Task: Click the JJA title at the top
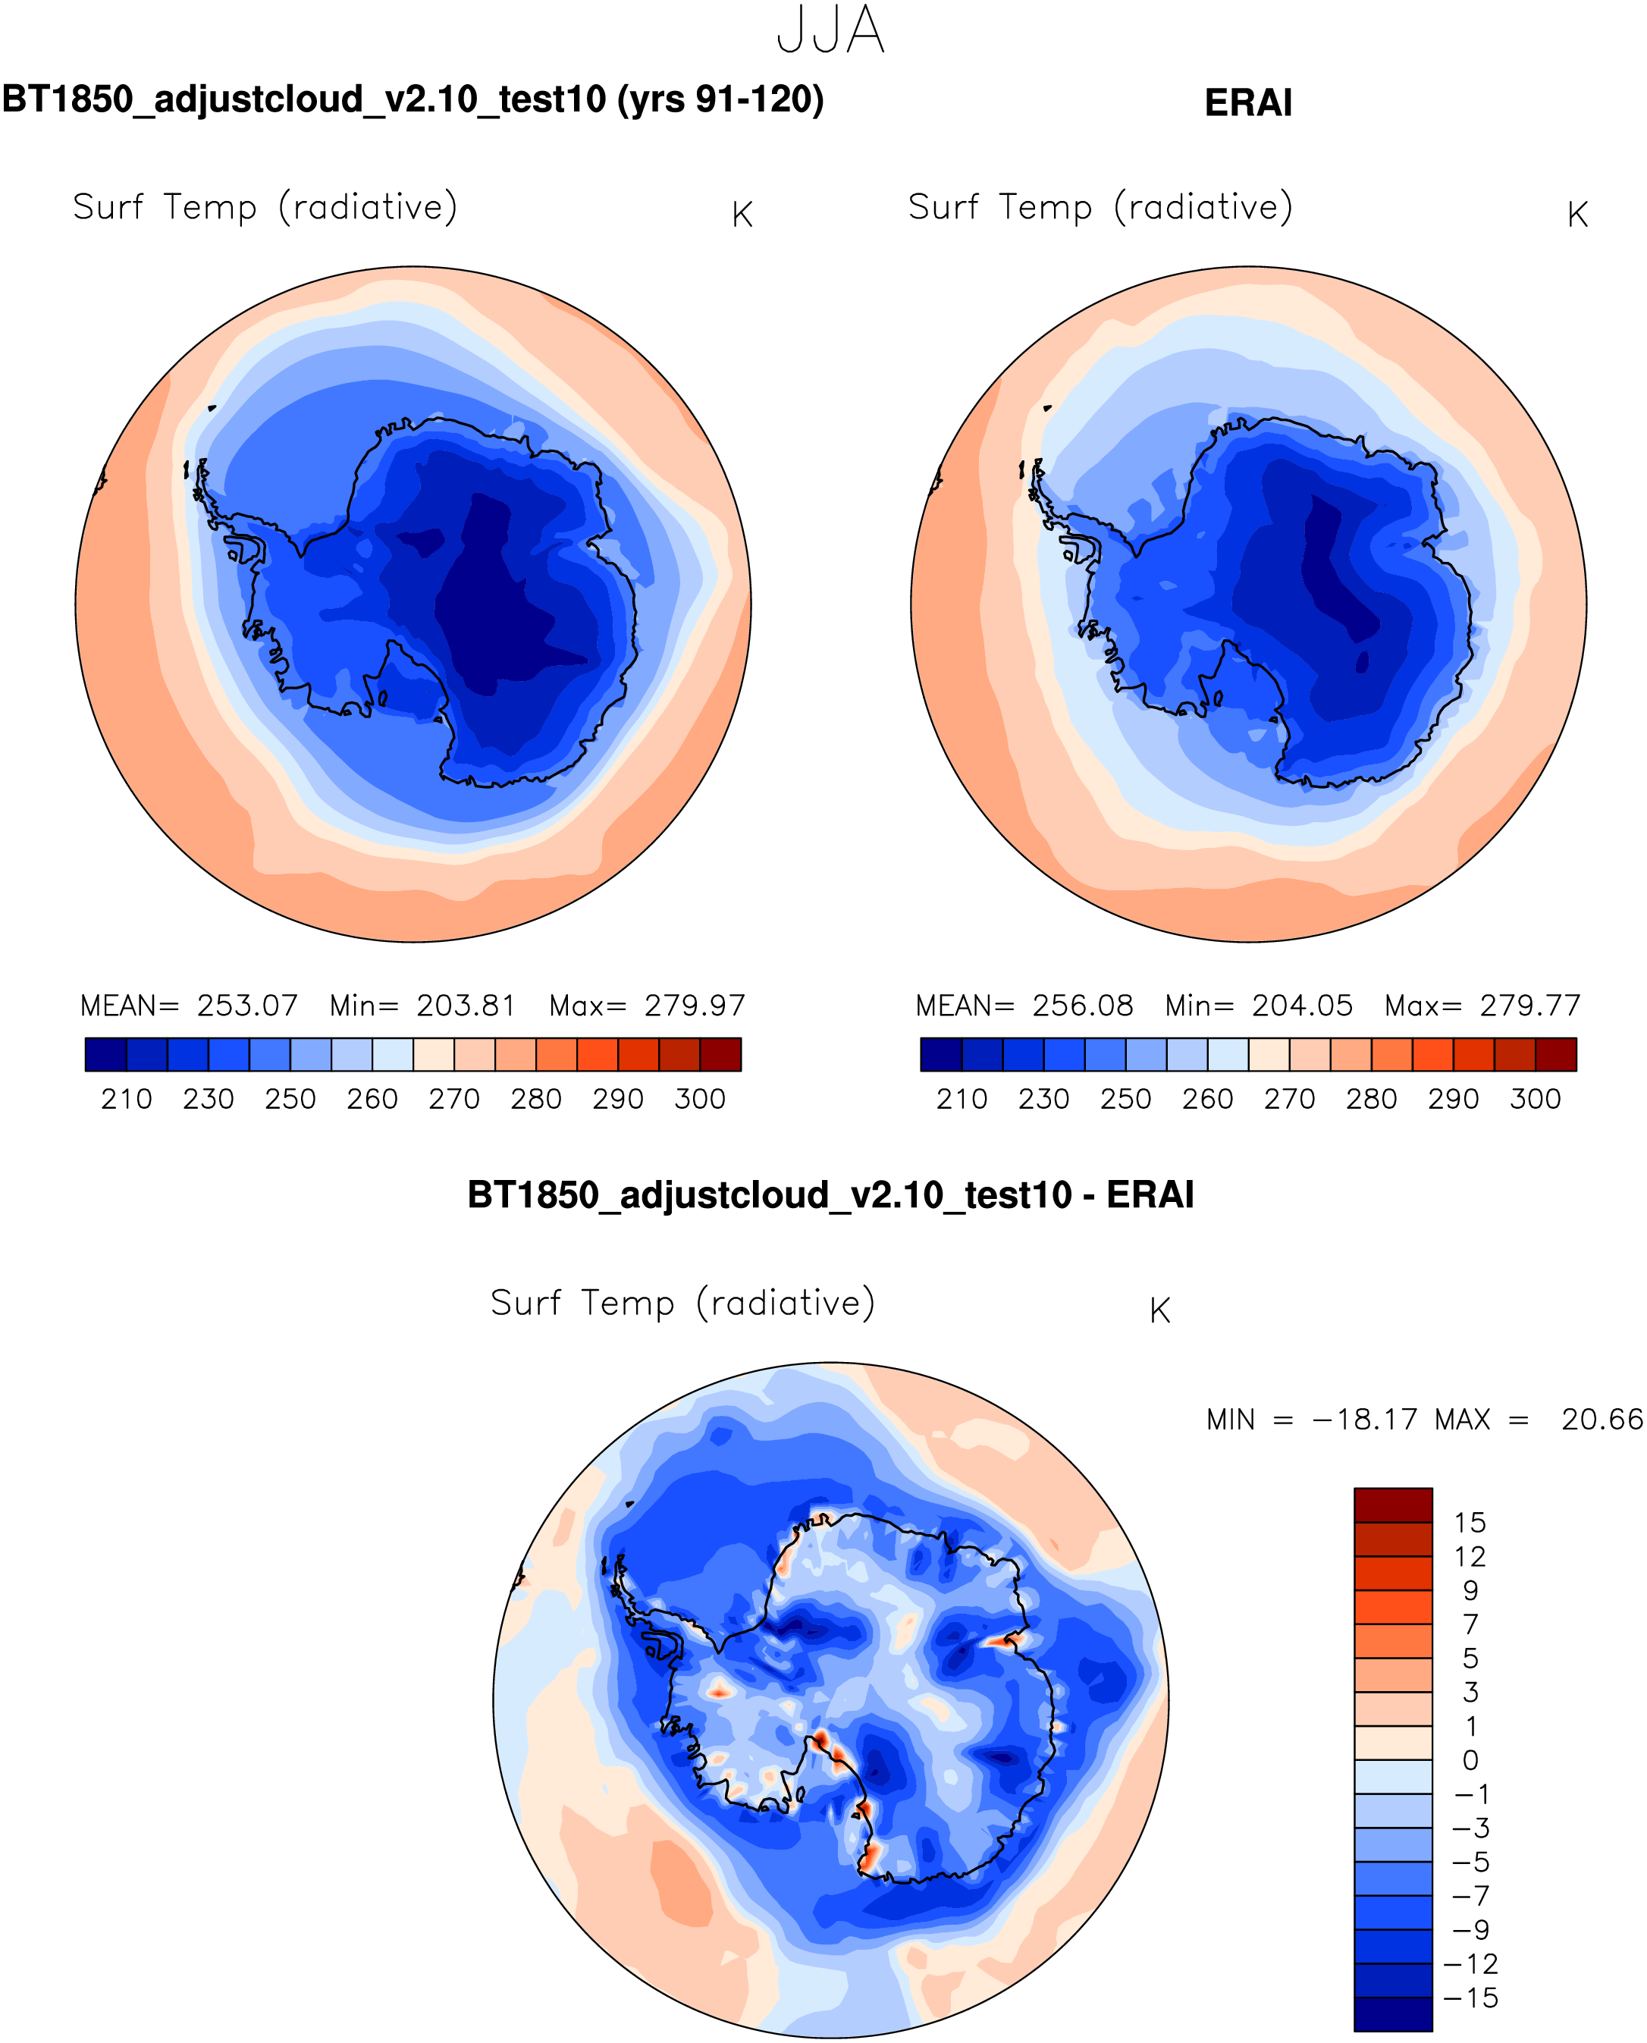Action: (830, 30)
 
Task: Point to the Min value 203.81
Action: (466, 1005)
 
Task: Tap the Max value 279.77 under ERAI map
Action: (1529, 1005)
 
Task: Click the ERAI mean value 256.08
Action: (1083, 1005)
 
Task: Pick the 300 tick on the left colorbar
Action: (699, 1099)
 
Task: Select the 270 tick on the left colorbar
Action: (453, 1099)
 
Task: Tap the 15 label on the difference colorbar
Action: (1470, 1523)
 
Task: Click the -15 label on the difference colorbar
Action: (1470, 1997)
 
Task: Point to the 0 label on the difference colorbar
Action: (1470, 1760)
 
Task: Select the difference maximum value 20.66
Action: (1602, 1420)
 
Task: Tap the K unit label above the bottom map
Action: (1159, 1310)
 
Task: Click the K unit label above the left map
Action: (742, 215)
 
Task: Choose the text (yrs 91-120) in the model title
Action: (720, 99)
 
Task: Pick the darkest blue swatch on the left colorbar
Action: (105, 1054)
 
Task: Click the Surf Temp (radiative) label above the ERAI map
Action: (1100, 207)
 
